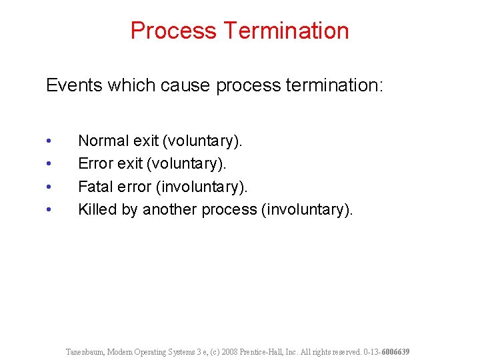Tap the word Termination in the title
point(287,31)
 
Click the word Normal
point(103,141)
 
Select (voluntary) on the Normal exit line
point(203,141)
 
